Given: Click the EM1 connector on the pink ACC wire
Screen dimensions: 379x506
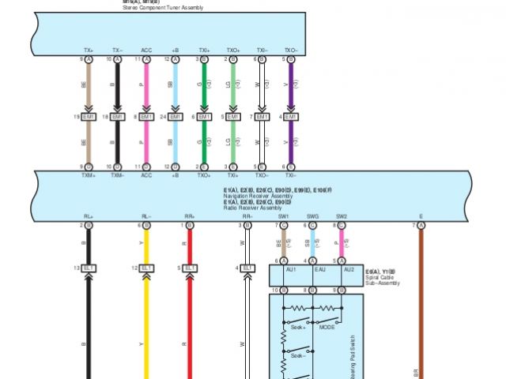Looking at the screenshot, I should click(146, 117).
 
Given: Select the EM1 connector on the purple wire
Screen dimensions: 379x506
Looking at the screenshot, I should click(290, 117).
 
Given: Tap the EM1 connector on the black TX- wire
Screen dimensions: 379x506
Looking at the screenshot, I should click(117, 117).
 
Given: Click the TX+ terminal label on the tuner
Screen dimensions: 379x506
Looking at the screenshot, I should click(88, 51).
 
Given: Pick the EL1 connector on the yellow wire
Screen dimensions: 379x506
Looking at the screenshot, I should click(147, 268).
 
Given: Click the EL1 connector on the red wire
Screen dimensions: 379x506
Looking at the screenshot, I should click(190, 268).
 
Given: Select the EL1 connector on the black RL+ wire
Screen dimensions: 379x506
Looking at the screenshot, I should click(89, 268).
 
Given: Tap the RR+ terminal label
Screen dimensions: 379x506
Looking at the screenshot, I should click(190, 216).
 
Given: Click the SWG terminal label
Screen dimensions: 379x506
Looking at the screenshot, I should click(312, 216).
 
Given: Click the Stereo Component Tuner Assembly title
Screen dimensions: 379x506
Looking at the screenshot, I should click(163, 8).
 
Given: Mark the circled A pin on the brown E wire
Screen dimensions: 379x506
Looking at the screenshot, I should click(421, 226).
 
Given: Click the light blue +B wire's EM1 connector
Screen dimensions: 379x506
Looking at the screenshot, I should click(176, 117).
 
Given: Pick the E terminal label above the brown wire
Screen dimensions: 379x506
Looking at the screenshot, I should click(421, 216).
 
